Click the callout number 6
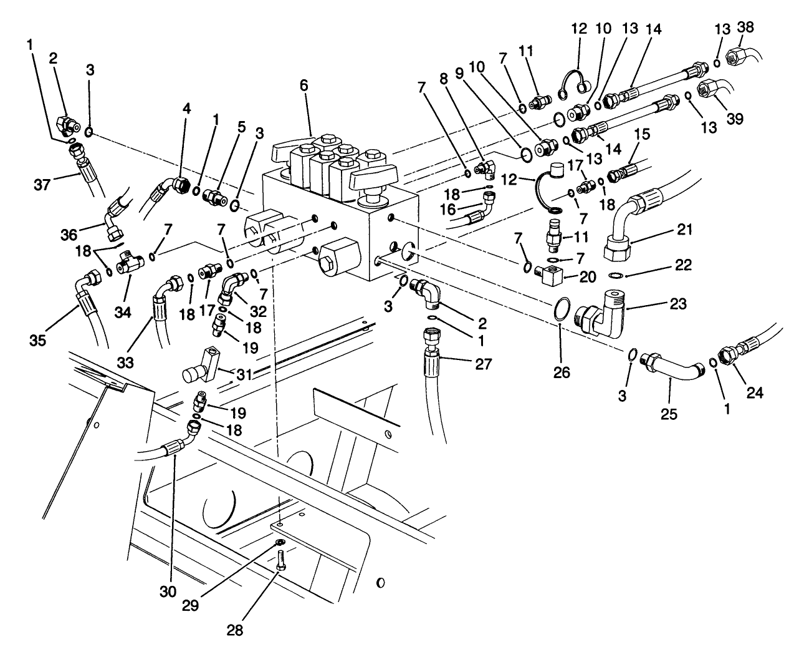304,86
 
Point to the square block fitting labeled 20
550,273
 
